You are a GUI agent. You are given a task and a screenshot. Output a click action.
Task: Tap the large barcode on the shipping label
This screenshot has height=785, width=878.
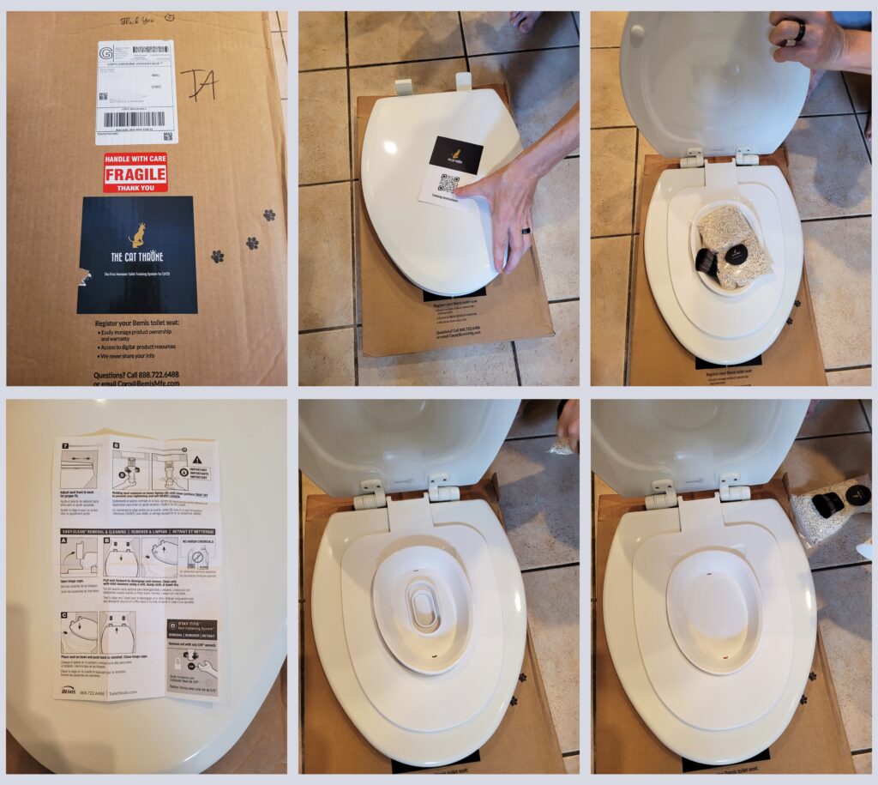132,119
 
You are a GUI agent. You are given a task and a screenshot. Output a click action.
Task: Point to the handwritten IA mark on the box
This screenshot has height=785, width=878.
199,84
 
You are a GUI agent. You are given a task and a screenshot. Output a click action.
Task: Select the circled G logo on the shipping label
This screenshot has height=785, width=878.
105,53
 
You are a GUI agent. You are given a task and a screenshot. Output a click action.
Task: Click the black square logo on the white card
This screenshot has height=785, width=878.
455,154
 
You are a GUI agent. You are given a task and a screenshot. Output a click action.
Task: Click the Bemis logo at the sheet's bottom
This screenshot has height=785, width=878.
69,691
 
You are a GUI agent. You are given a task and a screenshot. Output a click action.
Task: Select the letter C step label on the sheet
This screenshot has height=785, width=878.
63,615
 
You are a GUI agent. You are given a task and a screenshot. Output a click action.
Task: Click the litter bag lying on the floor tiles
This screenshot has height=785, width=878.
830,510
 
